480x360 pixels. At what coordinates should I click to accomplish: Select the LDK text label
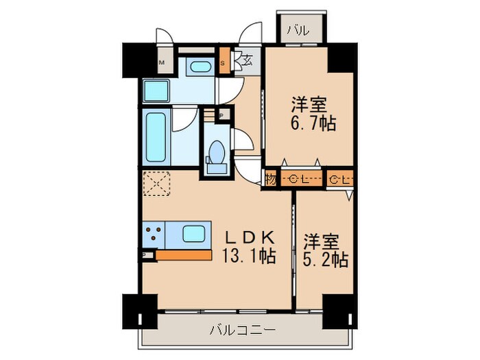(x=250, y=237)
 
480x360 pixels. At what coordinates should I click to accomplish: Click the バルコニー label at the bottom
(x=243, y=331)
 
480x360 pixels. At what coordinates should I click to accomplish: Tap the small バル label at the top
(x=297, y=30)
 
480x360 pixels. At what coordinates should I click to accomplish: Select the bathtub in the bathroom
(x=156, y=137)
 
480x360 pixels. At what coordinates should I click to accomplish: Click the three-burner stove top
(x=153, y=235)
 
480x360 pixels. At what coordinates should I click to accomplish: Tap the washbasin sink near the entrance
(x=200, y=67)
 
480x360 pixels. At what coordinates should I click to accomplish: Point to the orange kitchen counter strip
(x=183, y=255)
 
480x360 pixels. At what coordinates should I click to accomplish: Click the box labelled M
(x=163, y=64)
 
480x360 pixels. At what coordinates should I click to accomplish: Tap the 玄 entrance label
(x=247, y=62)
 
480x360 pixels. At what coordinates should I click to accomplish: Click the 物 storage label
(x=270, y=180)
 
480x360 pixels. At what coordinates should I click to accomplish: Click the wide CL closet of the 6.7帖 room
(x=300, y=180)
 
